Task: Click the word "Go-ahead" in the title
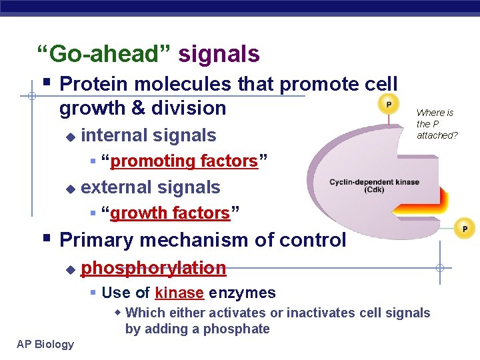coord(107,53)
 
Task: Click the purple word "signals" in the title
coord(219,53)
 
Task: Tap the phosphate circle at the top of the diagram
coord(388,105)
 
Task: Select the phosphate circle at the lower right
coord(465,229)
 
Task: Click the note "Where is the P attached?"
coord(437,124)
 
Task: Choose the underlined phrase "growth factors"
coord(170,213)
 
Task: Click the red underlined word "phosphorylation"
coord(153,269)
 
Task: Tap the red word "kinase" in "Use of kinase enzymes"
coord(179,293)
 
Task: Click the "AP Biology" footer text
coord(46,344)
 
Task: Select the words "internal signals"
coord(149,135)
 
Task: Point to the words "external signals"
coord(150,187)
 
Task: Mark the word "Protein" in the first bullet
coord(96,84)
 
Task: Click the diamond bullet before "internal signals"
coord(70,136)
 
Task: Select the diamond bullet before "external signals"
coord(70,188)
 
